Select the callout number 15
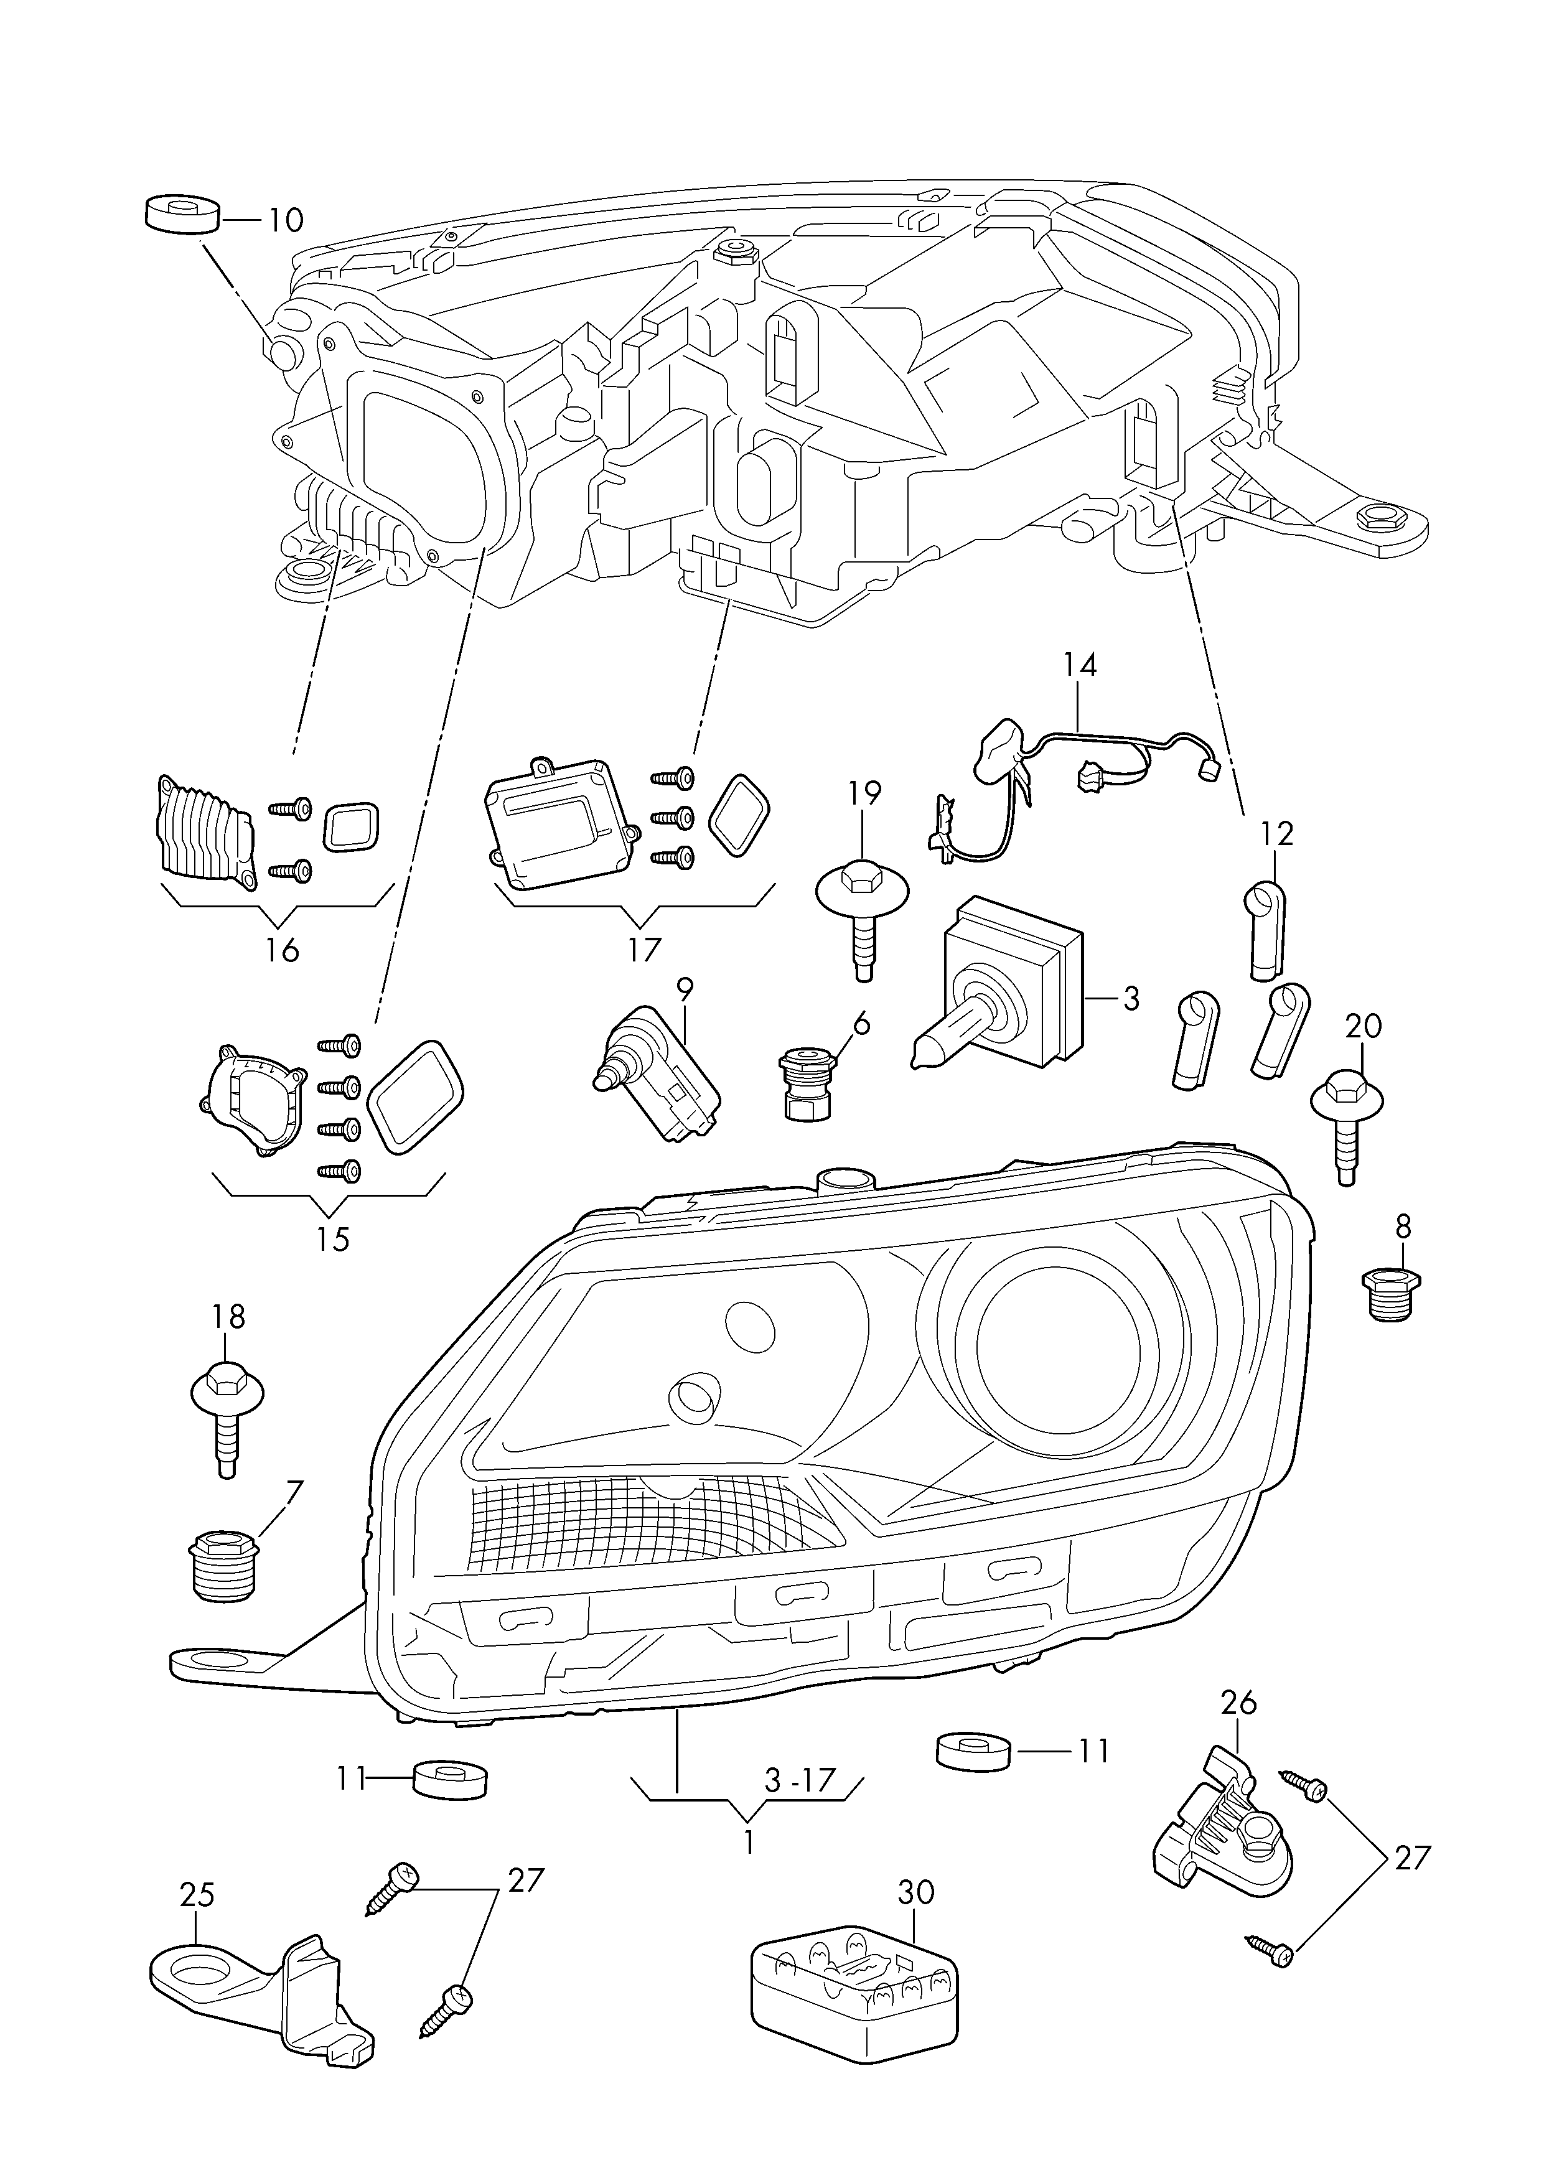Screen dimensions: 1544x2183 pos(333,1239)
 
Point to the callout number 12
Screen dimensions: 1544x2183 pos(1277,834)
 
